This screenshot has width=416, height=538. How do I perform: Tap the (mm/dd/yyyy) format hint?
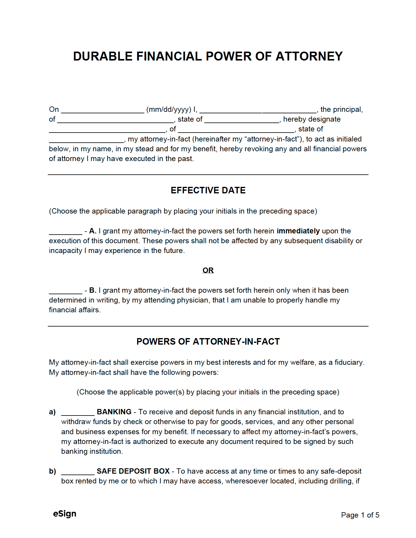169,109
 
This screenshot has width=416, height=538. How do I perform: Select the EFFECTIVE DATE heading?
208,190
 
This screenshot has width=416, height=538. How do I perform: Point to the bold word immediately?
298,231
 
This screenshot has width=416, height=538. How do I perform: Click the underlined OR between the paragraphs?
208,270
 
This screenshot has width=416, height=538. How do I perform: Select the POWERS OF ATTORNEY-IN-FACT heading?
208,342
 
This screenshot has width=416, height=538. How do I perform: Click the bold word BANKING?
114,412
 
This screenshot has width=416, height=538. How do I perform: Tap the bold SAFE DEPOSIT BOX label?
133,471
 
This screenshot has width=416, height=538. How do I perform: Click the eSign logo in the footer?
65,514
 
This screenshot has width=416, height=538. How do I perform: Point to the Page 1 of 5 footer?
360,515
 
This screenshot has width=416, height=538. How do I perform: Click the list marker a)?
52,412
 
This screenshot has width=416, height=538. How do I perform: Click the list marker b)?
52,471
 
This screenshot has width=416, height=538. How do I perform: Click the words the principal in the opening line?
341,109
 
